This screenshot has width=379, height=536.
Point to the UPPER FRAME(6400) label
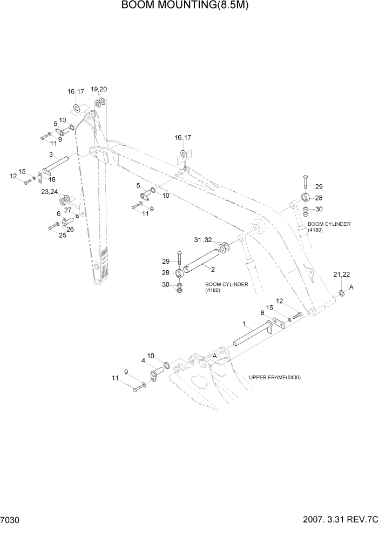(x=275, y=377)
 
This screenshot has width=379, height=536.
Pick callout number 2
(x=213, y=269)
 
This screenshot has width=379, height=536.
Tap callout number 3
(x=51, y=155)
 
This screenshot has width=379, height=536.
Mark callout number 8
(x=262, y=313)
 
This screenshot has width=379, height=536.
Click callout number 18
(x=52, y=179)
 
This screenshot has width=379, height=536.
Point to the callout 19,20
(x=99, y=89)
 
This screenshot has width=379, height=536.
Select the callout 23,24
(x=49, y=192)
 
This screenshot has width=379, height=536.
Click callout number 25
(x=62, y=235)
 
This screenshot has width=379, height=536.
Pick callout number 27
(x=68, y=210)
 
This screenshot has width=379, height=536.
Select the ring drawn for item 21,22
(x=342, y=293)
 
